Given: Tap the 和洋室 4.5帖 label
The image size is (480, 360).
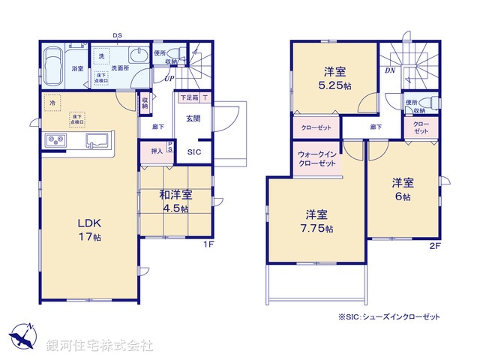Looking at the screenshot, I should [x=175, y=202].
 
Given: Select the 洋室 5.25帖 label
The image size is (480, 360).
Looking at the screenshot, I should [x=334, y=78].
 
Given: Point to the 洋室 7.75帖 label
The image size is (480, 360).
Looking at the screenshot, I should [x=313, y=221].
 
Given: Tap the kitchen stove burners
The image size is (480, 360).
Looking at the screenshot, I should [x=56, y=139].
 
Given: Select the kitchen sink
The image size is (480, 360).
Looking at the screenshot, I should [x=97, y=140].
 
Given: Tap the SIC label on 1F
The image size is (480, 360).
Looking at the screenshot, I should [x=193, y=152].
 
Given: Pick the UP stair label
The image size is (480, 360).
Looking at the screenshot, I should [x=169, y=78].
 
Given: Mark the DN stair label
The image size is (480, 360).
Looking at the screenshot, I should [x=390, y=70].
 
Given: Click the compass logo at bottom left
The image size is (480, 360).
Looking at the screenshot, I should [x=22, y=337].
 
